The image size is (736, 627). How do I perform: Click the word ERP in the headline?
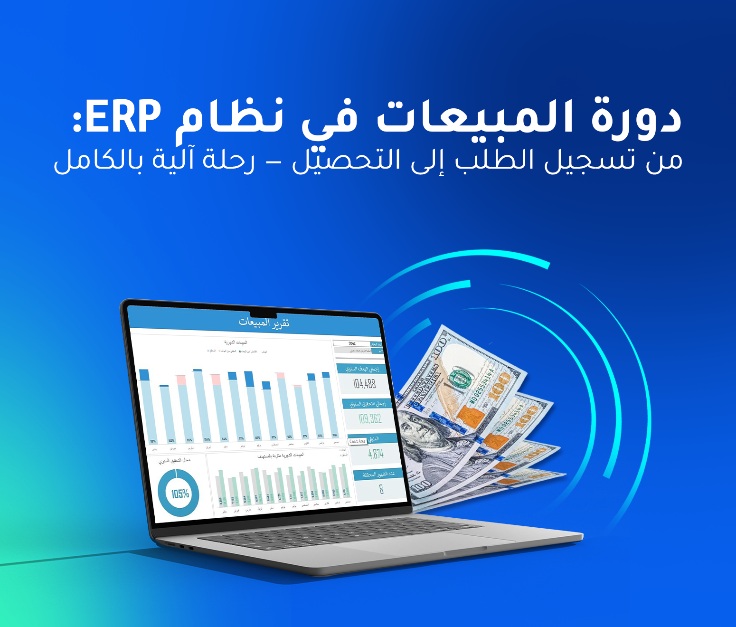[123, 117]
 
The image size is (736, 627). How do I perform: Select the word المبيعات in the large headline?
[475, 117]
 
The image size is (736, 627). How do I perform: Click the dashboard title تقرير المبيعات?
[264, 323]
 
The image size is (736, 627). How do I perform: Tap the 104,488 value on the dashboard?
[364, 384]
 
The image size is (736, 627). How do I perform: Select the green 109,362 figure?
[370, 419]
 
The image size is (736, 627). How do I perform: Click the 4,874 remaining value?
[376, 454]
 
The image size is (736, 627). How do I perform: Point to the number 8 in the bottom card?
[381, 489]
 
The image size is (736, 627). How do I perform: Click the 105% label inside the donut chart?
[180, 494]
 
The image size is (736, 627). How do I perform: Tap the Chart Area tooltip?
[358, 441]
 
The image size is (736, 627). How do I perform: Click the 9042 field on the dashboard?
[352, 343]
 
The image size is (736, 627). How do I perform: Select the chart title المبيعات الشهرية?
[236, 342]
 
